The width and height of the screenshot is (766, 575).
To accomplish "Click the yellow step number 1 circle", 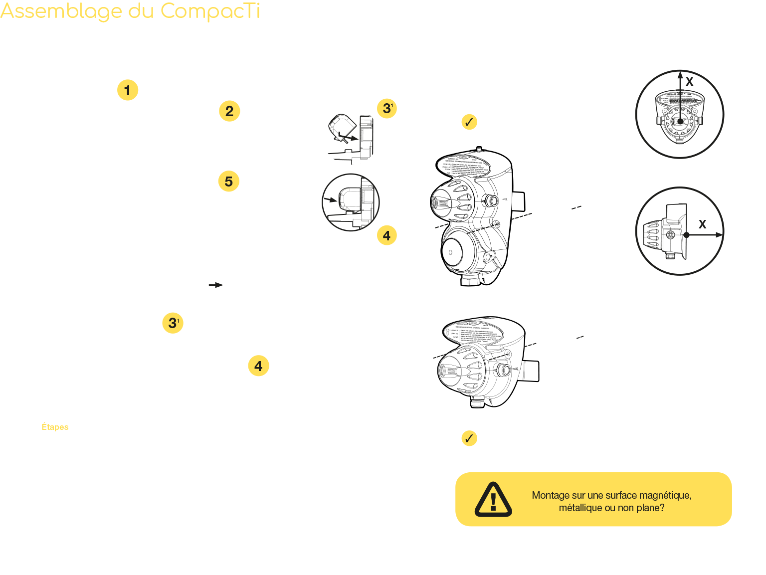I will click(128, 90).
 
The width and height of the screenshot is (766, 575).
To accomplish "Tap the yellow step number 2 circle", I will click(229, 111).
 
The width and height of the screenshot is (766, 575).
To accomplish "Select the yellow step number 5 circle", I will click(228, 181).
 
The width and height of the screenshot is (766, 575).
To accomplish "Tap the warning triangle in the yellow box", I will click(493, 499).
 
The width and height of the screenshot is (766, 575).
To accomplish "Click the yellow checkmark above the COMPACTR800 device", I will click(469, 122).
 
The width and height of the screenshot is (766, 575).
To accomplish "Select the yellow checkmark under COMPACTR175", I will click(469, 438).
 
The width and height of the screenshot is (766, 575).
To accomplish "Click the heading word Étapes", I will click(55, 427).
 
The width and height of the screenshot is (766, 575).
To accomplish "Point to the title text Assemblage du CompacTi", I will click(131, 12).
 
